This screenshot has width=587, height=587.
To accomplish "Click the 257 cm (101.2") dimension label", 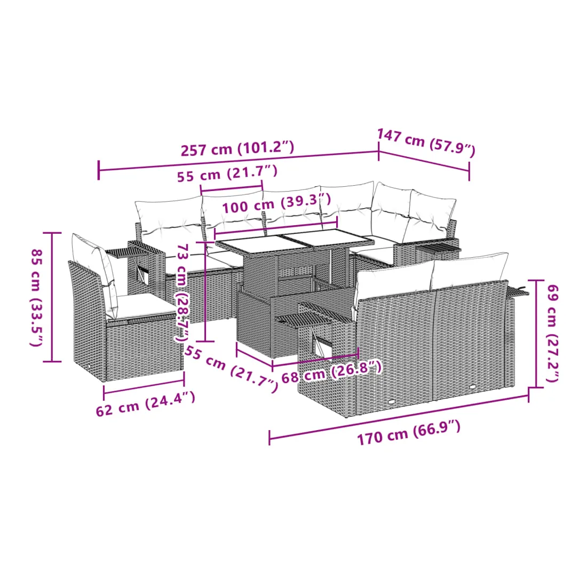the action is [x=237, y=149].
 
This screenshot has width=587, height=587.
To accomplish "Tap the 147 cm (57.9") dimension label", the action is [x=426, y=142].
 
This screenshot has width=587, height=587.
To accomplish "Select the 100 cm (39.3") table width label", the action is [x=276, y=203].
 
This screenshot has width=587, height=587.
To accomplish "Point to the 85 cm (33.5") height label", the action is [x=37, y=298].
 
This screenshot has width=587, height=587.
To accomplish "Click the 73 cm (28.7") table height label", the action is [x=183, y=292].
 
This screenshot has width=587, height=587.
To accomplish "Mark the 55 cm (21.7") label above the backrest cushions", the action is [x=227, y=173].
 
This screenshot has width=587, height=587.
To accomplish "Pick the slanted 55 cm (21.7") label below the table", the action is [x=232, y=369].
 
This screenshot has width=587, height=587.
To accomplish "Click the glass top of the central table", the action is [x=295, y=242].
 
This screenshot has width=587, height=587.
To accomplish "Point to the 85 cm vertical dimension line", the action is [x=52, y=297].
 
